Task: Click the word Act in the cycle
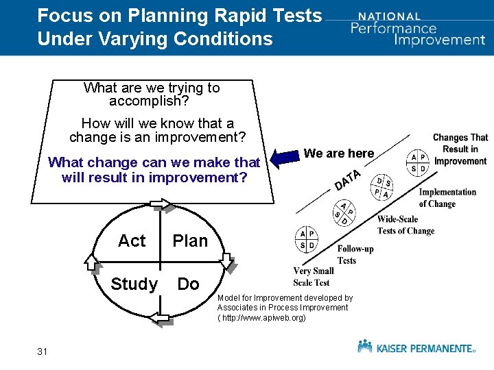pos(132,241)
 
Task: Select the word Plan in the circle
pos(190,241)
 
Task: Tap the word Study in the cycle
pos(134,284)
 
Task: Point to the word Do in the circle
pos(189,284)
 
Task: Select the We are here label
pos(339,153)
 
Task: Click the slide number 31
pos(43,351)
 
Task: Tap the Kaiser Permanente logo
pos(416,347)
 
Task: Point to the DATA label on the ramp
pos(349,180)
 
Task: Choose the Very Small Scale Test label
pos(312,277)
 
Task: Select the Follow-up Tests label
pos(355,254)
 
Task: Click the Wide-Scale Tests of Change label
pos(405,225)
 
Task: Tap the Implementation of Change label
pos(447,197)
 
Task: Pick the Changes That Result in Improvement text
pos(460,149)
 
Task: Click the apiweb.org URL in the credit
pos(261,318)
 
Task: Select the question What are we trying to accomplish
pos(152,95)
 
